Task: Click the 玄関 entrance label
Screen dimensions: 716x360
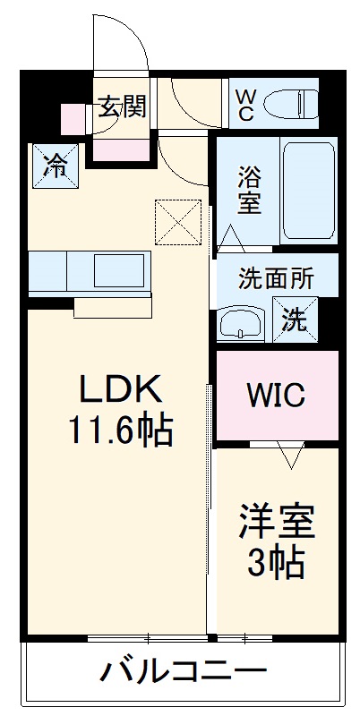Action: click(123, 107)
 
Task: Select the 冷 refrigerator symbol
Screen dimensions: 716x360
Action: click(56, 166)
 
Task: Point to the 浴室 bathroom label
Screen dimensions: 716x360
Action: click(249, 189)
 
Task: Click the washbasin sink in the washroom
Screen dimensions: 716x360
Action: click(241, 321)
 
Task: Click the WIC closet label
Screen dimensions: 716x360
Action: click(276, 395)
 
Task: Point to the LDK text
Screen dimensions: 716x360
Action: click(121, 390)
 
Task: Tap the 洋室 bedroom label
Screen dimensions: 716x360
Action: click(277, 522)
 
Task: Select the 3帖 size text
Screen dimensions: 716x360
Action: click(277, 563)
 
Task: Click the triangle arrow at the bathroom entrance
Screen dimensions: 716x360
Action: click(231, 238)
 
